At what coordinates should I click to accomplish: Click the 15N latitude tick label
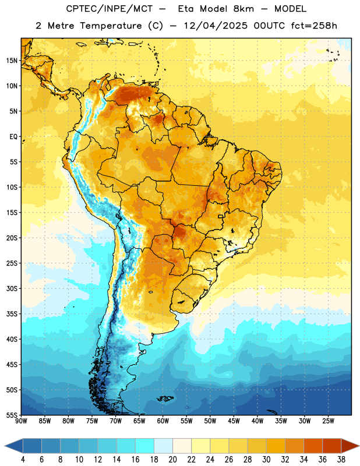[x=12, y=61]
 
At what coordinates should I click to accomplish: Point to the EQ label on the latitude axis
[x=13, y=137]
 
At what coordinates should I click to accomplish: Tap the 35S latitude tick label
[x=12, y=314]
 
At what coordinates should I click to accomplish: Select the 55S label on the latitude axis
[x=12, y=415]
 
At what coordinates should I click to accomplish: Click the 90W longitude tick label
[x=21, y=421]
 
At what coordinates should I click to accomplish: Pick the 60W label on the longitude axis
[x=163, y=421]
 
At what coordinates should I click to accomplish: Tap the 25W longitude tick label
[x=328, y=421]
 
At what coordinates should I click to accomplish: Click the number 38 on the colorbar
[x=341, y=460]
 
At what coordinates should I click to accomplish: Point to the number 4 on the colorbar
[x=23, y=460]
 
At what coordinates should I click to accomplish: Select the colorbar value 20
[x=172, y=460]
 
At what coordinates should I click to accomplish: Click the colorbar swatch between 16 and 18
[x=144, y=446]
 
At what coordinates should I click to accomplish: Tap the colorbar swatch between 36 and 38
[x=332, y=446]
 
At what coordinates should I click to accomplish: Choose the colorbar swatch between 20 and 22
[x=182, y=446]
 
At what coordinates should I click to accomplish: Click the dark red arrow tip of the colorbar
[x=350, y=446]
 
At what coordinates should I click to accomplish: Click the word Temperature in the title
[x=111, y=26]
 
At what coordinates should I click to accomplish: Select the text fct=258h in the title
[x=314, y=26]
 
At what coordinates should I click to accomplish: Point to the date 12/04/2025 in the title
[x=216, y=26]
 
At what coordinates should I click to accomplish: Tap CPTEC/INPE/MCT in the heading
[x=110, y=9]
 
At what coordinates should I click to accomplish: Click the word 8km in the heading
[x=243, y=9]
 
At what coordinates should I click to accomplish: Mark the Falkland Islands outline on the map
[x=165, y=398]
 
